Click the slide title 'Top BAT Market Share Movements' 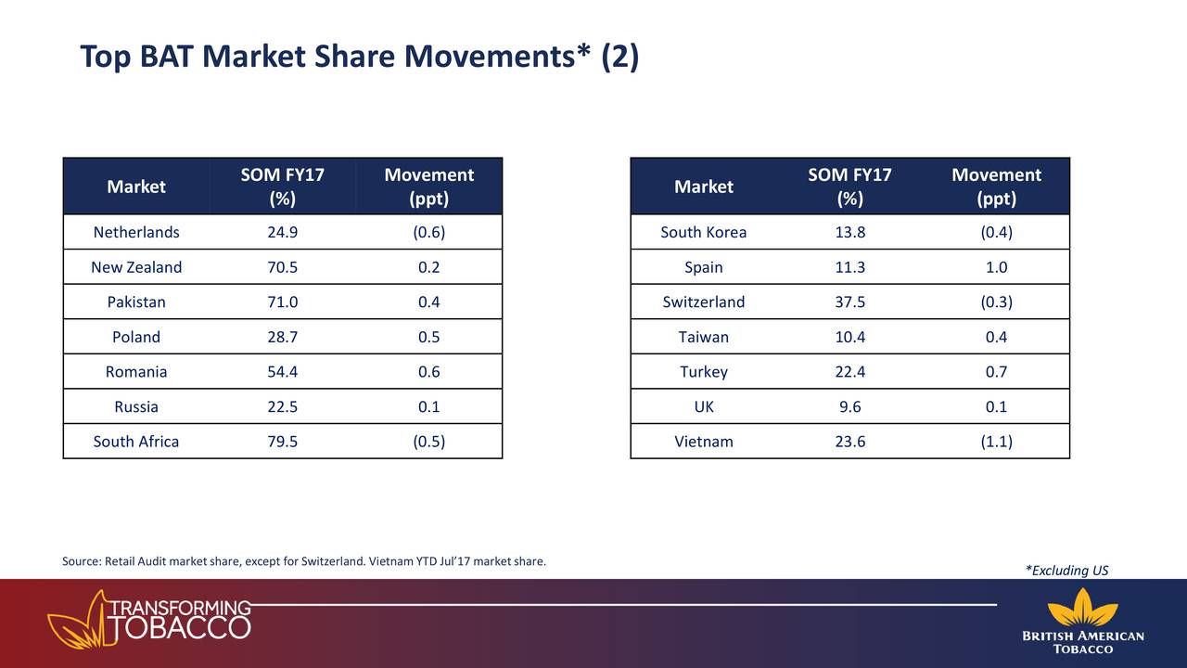(x=359, y=58)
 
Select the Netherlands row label (x=136, y=232)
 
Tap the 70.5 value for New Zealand (x=282, y=267)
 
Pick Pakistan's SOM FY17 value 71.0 (x=282, y=302)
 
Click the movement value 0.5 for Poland (x=428, y=337)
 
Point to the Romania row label (x=136, y=372)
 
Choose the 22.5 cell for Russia (x=282, y=406)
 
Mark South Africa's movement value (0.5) (x=428, y=442)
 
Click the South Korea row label (x=703, y=232)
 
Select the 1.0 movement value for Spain (x=996, y=267)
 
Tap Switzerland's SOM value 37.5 (x=849, y=302)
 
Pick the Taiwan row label (x=703, y=337)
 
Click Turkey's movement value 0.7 (x=996, y=372)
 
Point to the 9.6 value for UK (x=849, y=406)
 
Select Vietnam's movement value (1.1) (x=996, y=442)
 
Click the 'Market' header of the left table (x=136, y=186)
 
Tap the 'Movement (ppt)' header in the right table (x=996, y=186)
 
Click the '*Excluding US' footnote (x=1066, y=571)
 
